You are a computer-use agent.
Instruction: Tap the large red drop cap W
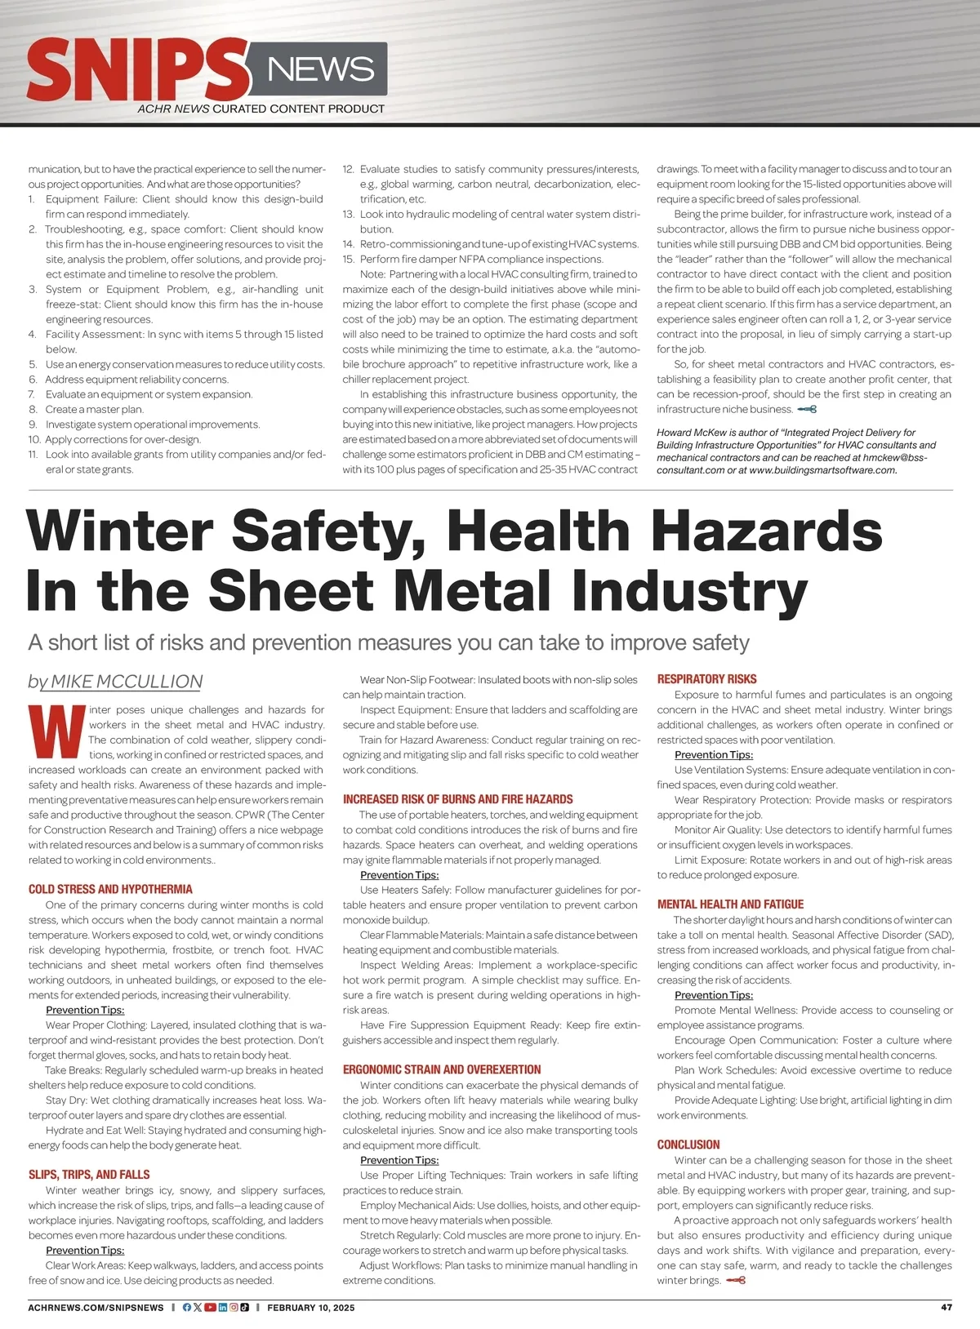tap(56, 731)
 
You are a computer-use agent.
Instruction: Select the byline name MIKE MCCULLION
tap(126, 682)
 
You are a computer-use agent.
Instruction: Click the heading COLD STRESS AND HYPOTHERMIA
tap(110, 889)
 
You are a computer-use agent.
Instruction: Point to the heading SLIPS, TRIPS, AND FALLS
tap(89, 1175)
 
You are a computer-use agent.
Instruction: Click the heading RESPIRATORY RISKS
tap(706, 679)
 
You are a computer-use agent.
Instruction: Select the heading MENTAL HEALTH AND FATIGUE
tap(730, 905)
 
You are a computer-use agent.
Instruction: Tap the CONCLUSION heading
tap(688, 1145)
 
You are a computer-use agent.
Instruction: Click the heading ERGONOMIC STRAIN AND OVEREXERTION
tap(442, 1069)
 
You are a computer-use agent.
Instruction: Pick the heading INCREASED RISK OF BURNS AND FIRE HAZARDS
tap(457, 799)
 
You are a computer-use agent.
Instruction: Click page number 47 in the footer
tap(947, 1307)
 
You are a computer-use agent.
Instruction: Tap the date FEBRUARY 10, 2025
tap(311, 1308)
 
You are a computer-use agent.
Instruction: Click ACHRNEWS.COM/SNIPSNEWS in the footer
tap(96, 1308)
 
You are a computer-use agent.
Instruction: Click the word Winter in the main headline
tap(119, 531)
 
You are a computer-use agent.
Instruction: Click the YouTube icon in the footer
tap(210, 1307)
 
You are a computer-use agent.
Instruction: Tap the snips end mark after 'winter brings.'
tap(736, 1280)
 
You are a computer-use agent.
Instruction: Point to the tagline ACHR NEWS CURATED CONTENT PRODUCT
tap(261, 109)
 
